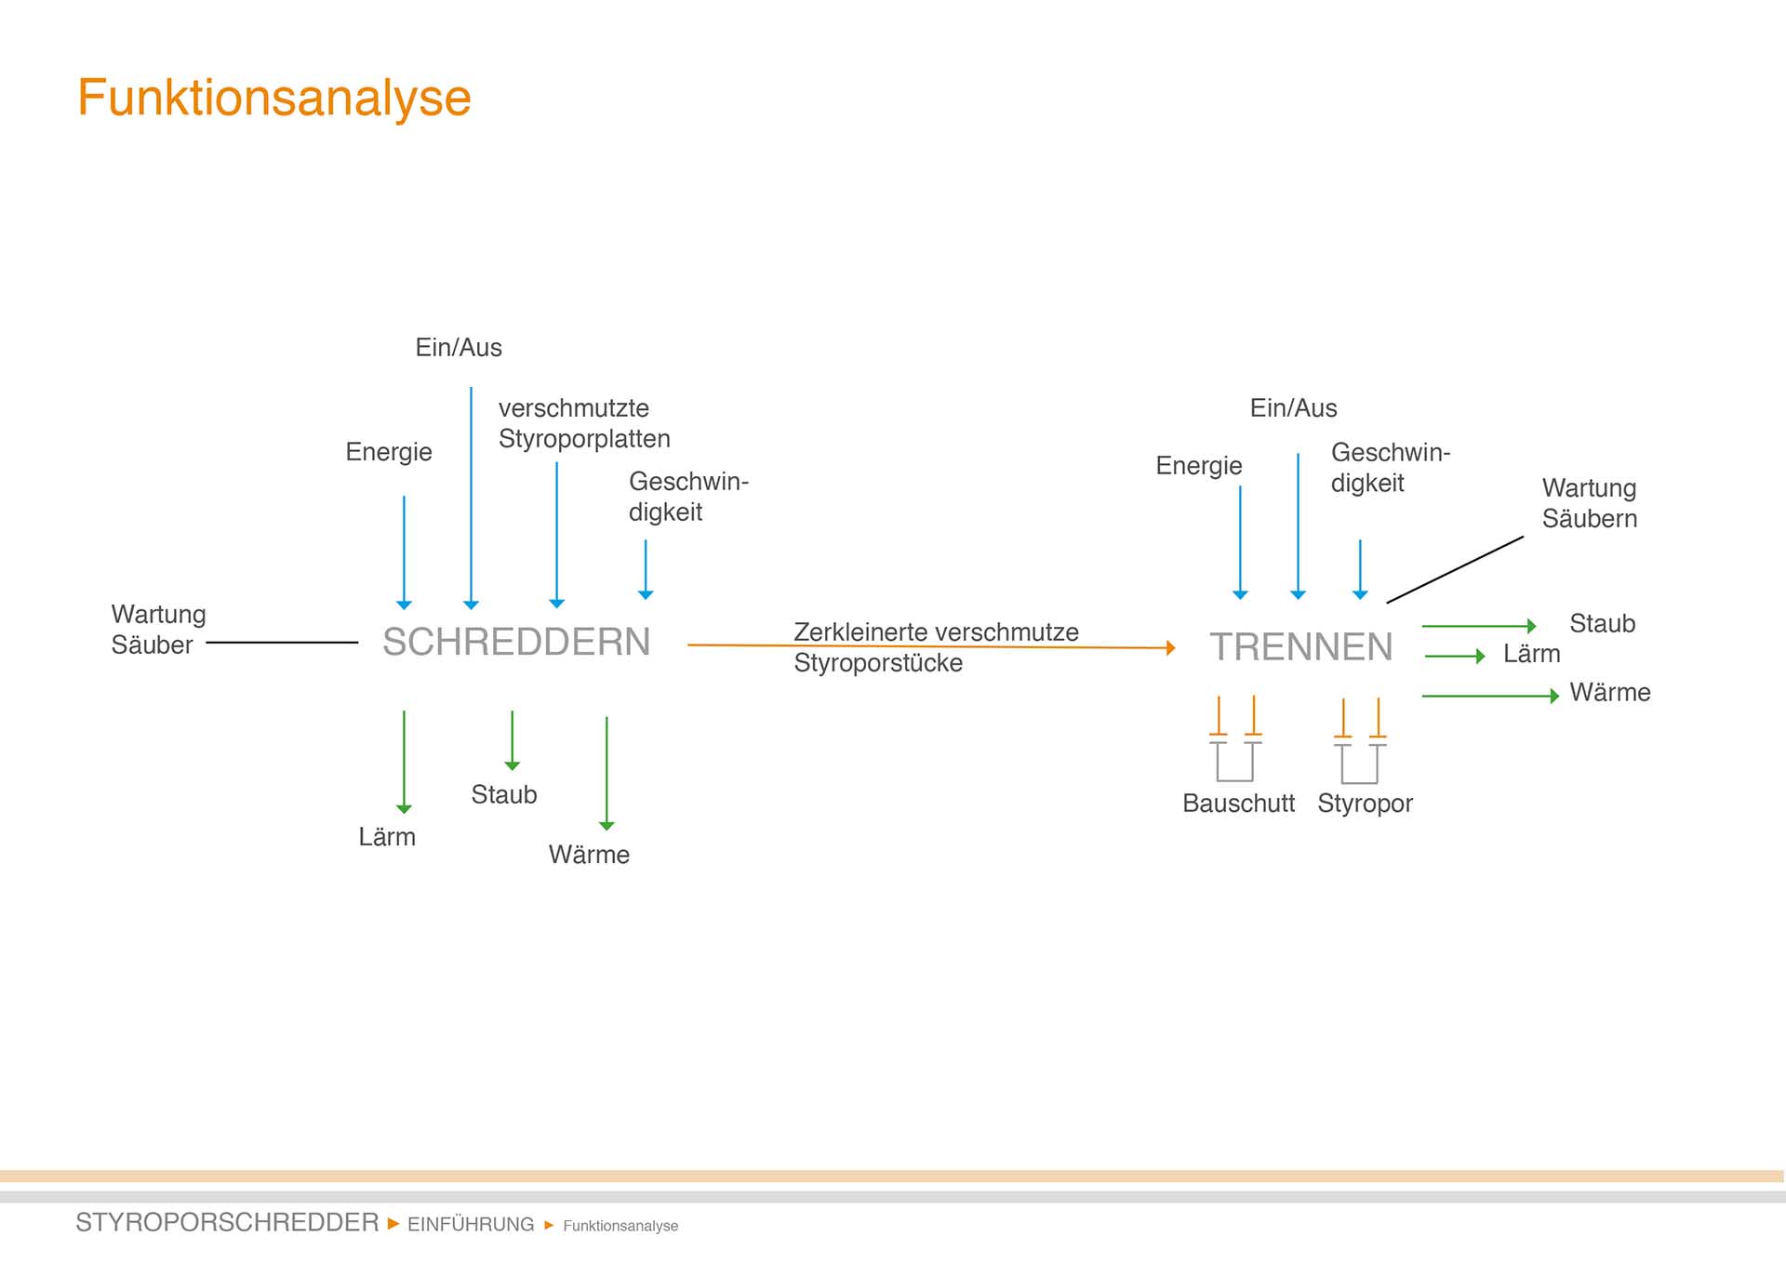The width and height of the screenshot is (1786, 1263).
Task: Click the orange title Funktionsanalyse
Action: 273,98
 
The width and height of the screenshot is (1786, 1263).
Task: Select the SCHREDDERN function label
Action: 516,642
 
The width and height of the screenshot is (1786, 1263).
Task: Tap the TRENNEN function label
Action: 1300,647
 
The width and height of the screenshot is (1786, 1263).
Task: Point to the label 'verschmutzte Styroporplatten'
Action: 583,423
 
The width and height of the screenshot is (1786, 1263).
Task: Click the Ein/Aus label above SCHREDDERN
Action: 459,348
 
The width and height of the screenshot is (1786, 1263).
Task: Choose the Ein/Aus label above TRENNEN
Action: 1293,408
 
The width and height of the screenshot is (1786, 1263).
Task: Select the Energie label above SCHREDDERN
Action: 389,452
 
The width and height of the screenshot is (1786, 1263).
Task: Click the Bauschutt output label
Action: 1238,804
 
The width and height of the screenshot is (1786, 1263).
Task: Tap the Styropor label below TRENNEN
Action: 1365,804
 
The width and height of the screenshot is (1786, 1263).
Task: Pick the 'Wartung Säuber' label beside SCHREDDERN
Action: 158,630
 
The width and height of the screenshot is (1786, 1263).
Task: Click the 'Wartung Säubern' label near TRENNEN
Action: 1589,503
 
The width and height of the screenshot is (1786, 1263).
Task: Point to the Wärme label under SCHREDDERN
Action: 589,855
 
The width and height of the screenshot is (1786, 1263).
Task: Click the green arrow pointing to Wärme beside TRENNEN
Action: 1489,696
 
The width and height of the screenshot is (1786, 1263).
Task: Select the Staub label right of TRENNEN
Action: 1602,623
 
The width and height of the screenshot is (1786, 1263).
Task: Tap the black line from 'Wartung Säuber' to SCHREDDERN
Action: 281,642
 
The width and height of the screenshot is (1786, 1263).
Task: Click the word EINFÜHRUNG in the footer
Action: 471,1224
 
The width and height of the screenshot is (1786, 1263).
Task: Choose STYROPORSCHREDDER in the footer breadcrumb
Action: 227,1222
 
